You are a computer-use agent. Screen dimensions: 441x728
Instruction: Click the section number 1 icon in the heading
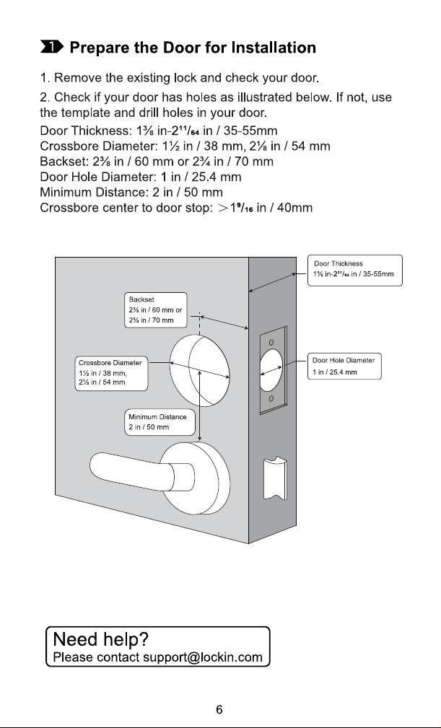(51, 47)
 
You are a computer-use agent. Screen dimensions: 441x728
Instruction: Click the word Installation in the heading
(274, 48)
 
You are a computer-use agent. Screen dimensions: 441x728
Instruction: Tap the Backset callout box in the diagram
(156, 310)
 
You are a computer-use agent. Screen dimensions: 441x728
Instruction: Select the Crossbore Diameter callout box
(111, 373)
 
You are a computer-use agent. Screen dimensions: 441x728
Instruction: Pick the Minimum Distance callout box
(160, 422)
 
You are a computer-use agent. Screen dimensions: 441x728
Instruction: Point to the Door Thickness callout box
(355, 271)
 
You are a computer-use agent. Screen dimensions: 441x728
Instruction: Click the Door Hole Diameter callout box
(344, 366)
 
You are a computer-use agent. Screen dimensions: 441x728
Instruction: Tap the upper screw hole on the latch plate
(271, 342)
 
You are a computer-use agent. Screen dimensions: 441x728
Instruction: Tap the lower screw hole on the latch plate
(271, 398)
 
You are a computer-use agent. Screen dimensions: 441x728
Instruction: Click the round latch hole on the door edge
(271, 371)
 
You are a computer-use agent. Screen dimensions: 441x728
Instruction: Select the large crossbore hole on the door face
(200, 370)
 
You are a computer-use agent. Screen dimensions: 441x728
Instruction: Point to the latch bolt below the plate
(275, 478)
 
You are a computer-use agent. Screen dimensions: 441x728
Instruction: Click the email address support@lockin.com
(203, 657)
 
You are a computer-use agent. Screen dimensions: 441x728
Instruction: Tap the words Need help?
(101, 639)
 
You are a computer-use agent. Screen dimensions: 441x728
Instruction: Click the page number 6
(219, 709)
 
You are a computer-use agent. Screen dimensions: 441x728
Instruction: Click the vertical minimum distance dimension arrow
(200, 405)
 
